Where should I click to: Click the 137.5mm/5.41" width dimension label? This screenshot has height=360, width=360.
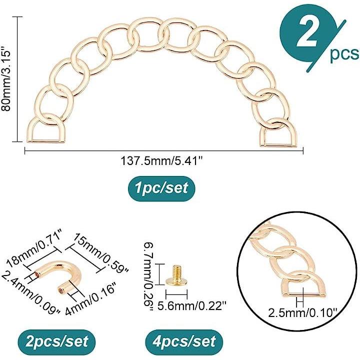[162, 161]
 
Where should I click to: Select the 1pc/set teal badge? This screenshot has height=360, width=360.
[161, 188]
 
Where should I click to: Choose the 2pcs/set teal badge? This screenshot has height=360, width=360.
[56, 342]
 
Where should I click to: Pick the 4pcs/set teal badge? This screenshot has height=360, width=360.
[184, 342]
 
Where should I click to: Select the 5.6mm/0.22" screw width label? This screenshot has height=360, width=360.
[192, 306]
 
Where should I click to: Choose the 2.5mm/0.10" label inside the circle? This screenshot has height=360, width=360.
[302, 313]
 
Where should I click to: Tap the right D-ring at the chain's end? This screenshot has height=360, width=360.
[278, 132]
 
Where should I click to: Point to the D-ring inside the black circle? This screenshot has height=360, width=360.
[303, 284]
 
